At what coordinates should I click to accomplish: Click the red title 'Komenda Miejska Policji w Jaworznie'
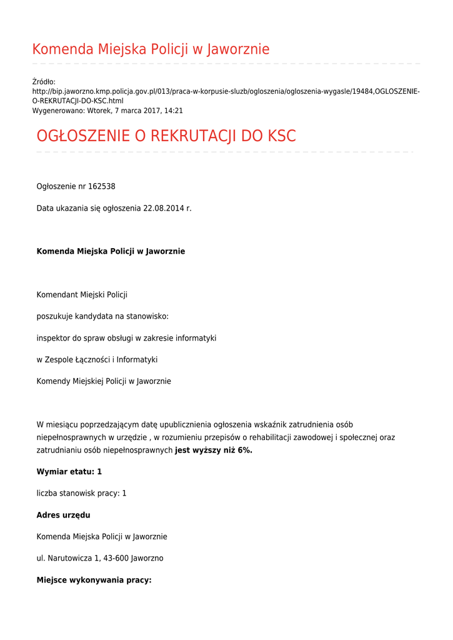[x=151, y=49]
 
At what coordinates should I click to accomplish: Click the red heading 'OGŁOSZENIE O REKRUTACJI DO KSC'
[x=166, y=136]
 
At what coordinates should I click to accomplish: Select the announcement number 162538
[x=101, y=186]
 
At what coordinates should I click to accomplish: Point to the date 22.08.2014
[x=164, y=208]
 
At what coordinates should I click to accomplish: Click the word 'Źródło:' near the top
[x=44, y=82]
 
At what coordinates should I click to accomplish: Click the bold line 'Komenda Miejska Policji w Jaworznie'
[x=111, y=251]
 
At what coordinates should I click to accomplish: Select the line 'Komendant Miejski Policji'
[x=82, y=294]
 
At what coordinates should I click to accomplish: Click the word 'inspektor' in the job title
[x=53, y=338]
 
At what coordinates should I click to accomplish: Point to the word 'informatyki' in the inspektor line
[x=196, y=338]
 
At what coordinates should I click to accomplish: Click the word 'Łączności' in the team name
[x=92, y=360]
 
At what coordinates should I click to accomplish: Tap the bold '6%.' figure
[x=245, y=450]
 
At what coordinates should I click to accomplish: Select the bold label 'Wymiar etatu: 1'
[x=69, y=471]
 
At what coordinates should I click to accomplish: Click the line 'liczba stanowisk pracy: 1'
[x=81, y=493]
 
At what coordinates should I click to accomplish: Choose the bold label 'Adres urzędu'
[x=63, y=515]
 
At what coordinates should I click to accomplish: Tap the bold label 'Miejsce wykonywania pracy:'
[x=94, y=580]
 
